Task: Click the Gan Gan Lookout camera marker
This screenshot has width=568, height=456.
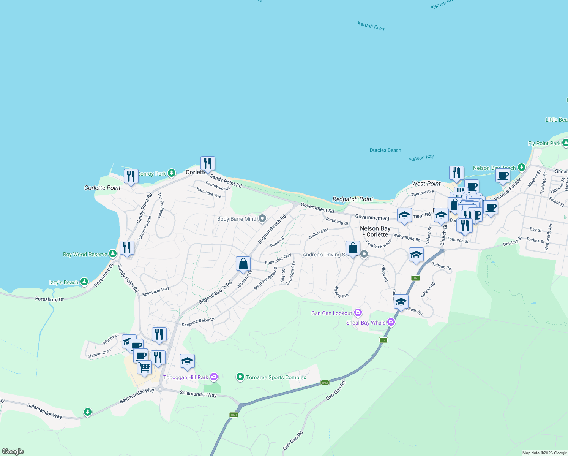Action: coord(358,313)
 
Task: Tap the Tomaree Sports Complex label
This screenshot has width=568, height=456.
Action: coord(276,377)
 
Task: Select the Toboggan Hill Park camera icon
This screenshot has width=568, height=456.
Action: coord(214,377)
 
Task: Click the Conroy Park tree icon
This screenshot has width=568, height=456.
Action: coord(172,173)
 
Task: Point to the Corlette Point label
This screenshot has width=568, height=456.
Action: coord(102,188)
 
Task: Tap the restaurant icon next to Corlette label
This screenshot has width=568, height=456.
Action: coord(208,163)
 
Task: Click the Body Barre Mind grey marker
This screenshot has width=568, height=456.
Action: coord(262,218)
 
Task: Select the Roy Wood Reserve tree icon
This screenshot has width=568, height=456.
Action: coord(112,253)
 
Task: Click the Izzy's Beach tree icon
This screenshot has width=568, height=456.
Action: coord(84,282)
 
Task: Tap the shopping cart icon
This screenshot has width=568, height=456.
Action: coord(144,367)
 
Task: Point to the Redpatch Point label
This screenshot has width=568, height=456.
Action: coord(353,199)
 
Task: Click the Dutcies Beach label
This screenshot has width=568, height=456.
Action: coord(385,150)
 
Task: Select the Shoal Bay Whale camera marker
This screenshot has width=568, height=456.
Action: coord(391,322)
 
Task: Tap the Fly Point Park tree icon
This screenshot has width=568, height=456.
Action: coord(565,143)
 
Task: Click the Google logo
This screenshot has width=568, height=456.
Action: coord(13,451)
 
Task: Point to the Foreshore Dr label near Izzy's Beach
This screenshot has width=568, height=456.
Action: coord(49,299)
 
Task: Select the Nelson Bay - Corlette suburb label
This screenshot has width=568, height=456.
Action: coord(375,231)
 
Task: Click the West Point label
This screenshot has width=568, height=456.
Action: coord(426,184)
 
